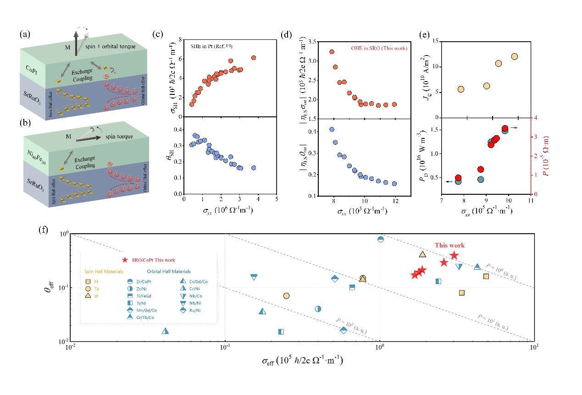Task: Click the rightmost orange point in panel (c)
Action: point(254,58)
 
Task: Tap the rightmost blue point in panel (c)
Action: point(254,168)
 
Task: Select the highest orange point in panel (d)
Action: point(332,52)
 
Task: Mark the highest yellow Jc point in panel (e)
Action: point(514,56)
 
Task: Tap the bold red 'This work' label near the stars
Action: point(449,246)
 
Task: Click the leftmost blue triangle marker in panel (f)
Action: point(166,331)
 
